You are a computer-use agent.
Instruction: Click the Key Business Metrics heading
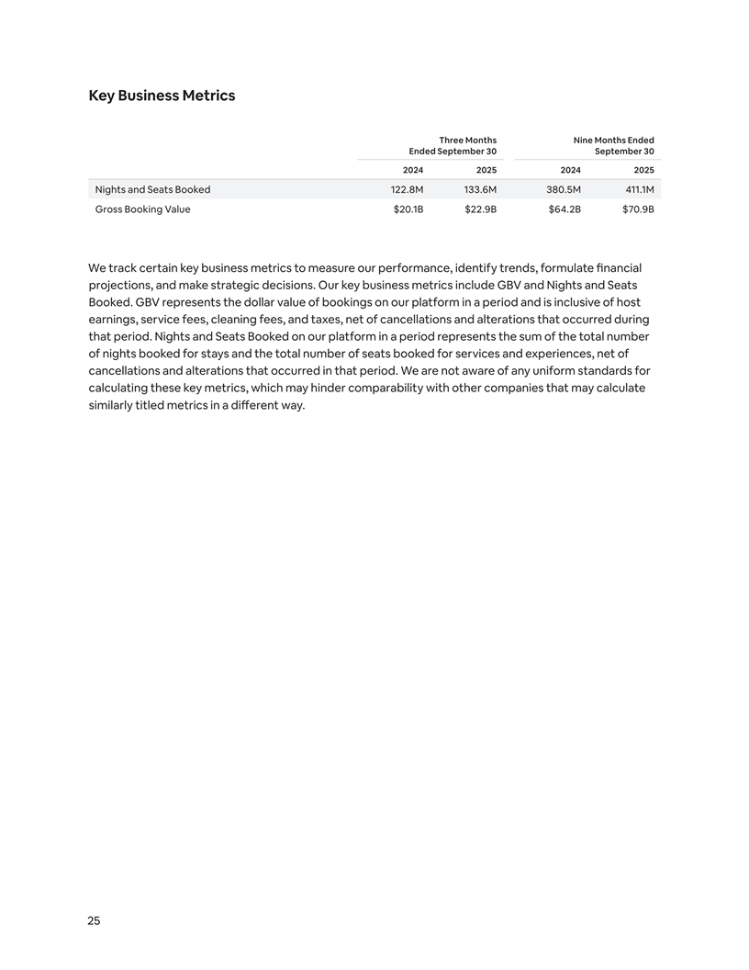click(x=162, y=96)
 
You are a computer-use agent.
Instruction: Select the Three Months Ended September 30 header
click(x=453, y=145)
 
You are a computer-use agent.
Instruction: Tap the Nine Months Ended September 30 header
click(x=613, y=145)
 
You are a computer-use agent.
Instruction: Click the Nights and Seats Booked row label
click(x=152, y=189)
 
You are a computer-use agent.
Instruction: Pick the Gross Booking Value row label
click(x=142, y=209)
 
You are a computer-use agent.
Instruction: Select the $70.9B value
click(x=638, y=209)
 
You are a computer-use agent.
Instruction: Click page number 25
click(x=94, y=921)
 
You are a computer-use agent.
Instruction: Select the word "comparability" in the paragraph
click(x=418, y=389)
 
